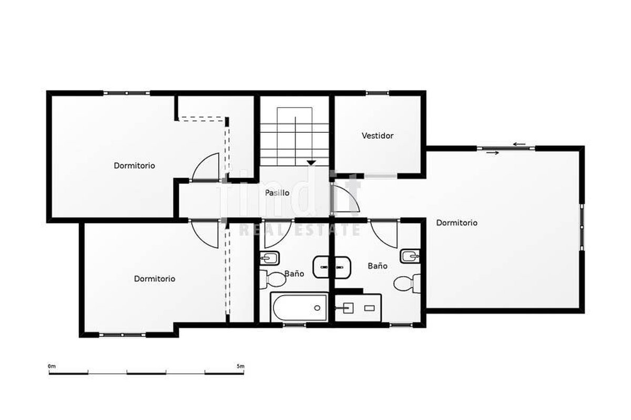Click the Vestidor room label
[x=378, y=135]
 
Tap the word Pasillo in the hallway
[x=277, y=193]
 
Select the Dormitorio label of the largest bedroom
[x=456, y=223]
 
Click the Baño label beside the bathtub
[x=294, y=274]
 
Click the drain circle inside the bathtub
[x=317, y=308]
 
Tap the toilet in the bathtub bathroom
[x=272, y=279]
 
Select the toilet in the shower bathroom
[x=407, y=283]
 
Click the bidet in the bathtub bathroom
[x=269, y=258]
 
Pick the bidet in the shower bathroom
[x=410, y=256]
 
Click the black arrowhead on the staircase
[x=311, y=163]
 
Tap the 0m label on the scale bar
[x=52, y=366]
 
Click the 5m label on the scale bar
[x=241, y=366]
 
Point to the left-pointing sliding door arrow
[x=519, y=144]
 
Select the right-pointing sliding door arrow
[x=493, y=153]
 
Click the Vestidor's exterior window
[x=377, y=93]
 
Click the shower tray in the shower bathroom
[x=358, y=308]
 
